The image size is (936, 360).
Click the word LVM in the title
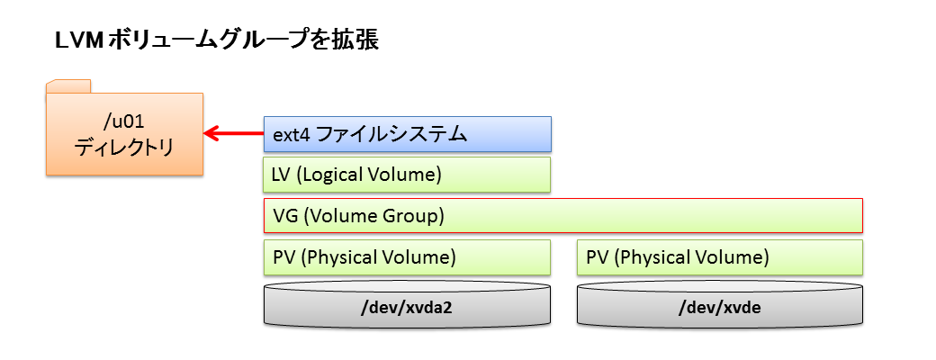73,40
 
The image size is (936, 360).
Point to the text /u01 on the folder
124,121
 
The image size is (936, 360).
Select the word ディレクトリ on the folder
124,147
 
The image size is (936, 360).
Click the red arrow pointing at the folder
233,134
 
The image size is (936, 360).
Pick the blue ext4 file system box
407,134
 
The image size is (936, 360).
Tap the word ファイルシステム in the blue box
391,135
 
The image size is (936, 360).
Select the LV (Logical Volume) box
407,175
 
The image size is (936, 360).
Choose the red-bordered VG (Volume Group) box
562,215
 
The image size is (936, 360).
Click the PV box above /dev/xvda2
407,257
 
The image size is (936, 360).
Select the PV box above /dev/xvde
720,257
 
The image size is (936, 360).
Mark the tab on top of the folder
68,86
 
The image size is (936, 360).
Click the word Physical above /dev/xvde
649,257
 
